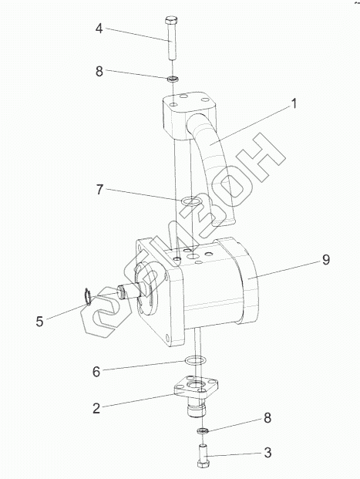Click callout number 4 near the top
click(99, 29)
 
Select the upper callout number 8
click(99, 72)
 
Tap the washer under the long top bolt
click(173, 79)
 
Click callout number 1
click(294, 103)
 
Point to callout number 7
click(99, 190)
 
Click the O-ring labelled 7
click(190, 201)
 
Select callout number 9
click(326, 260)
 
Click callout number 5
click(39, 322)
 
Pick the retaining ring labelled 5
click(87, 296)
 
